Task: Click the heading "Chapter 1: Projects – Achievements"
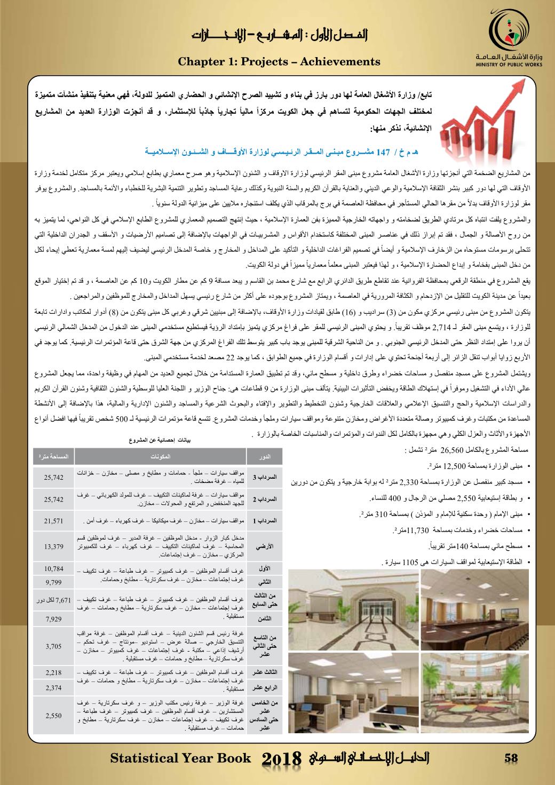(279, 62)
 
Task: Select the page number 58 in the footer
(511, 758)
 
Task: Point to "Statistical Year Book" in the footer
(180, 758)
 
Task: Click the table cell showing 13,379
(54, 546)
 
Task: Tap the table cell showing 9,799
(54, 581)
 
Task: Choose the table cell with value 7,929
(54, 619)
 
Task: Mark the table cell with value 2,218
(54, 672)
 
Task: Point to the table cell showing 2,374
(54, 687)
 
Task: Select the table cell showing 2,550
(54, 715)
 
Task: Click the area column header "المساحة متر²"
(54, 457)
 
